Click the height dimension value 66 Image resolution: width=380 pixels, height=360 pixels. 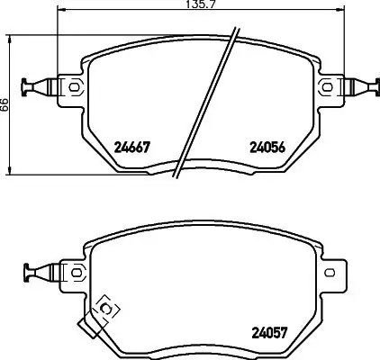click(5, 105)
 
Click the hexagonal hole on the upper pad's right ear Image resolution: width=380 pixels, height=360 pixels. click(328, 87)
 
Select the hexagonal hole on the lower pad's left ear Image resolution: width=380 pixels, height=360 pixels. click(74, 271)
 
